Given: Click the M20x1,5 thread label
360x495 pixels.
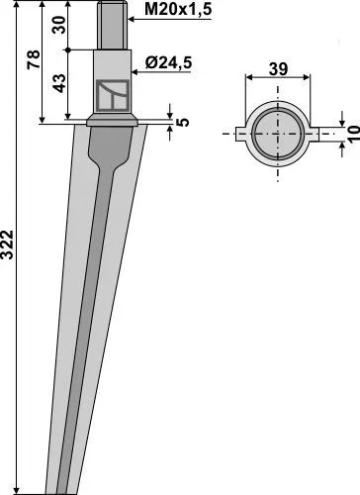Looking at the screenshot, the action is point(178,10).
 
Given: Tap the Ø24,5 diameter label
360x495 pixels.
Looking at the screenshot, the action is point(168,62).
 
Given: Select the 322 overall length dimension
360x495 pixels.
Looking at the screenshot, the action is point(7,245).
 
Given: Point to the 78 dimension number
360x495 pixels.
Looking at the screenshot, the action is point(34,59).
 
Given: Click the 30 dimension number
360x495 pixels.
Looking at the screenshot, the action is point(59,25).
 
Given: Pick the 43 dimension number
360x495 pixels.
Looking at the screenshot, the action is point(59,83).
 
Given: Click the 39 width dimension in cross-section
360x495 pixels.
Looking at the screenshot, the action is point(278,69).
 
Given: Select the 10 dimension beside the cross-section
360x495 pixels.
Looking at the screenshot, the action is point(353,134).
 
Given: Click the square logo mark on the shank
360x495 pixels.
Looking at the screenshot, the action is point(113,95).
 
